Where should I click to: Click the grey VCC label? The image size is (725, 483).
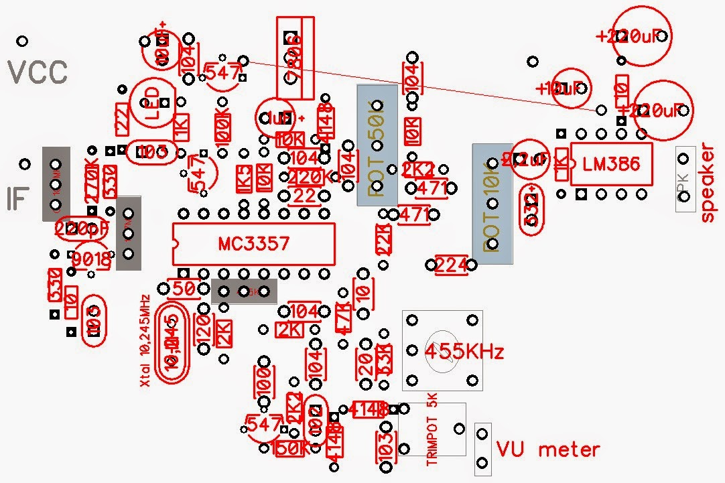pyautogui.click(x=38, y=72)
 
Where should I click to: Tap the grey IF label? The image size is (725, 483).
pyautogui.click(x=20, y=198)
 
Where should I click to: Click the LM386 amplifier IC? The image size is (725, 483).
pyautogui.click(x=611, y=164)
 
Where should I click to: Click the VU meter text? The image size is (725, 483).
pyautogui.click(x=547, y=449)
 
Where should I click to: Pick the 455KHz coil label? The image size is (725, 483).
pyautogui.click(x=464, y=351)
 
